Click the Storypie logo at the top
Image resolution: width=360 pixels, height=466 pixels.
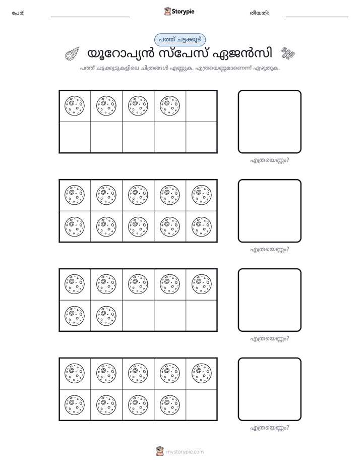click(x=179, y=12)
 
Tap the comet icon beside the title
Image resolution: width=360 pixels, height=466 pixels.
click(x=72, y=54)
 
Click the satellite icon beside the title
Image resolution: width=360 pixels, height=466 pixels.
click(x=288, y=53)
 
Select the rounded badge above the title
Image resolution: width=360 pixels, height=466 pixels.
click(x=180, y=40)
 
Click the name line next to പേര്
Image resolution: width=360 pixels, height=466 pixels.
click(x=90, y=17)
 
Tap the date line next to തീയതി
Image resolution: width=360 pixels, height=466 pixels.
click(x=317, y=17)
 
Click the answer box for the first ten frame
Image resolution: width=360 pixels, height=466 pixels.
click(x=270, y=122)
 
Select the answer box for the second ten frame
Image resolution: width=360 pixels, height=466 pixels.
click(x=270, y=211)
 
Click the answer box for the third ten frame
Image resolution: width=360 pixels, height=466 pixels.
click(x=270, y=300)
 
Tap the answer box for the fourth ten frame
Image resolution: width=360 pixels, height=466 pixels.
click(x=270, y=389)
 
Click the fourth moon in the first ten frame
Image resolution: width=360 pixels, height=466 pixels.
click(x=170, y=106)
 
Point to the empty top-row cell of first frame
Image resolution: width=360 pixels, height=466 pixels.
click(x=201, y=106)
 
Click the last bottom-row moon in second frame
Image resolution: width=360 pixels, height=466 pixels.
click(x=202, y=227)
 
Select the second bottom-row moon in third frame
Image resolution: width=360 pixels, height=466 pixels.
click(x=106, y=316)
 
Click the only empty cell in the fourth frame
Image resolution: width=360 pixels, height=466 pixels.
click(x=201, y=404)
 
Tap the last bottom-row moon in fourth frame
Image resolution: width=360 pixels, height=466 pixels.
click(x=170, y=405)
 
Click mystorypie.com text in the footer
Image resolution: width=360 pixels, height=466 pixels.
click(x=185, y=452)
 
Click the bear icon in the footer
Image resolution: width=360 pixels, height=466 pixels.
click(x=160, y=451)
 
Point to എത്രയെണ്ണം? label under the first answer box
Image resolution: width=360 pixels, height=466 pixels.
click(x=270, y=160)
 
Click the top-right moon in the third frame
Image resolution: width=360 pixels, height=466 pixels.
click(x=202, y=284)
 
